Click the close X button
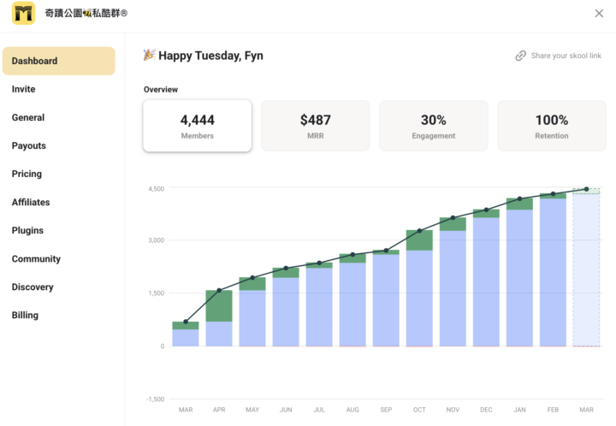click(x=598, y=13)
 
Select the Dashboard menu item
click(x=58, y=61)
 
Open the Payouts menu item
click(x=29, y=145)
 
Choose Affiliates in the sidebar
click(x=31, y=202)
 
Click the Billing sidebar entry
click(x=25, y=315)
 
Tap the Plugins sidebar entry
click(x=27, y=230)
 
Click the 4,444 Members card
click(x=198, y=126)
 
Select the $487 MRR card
click(x=316, y=126)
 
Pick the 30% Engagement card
click(x=434, y=126)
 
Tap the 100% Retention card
click(x=552, y=126)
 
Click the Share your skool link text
click(x=566, y=56)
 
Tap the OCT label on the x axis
click(x=419, y=410)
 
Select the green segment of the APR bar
click(x=219, y=305)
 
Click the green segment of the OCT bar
click(x=419, y=240)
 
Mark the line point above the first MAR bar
click(x=186, y=322)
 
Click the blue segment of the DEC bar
click(x=486, y=281)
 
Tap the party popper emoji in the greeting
click(x=149, y=55)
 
